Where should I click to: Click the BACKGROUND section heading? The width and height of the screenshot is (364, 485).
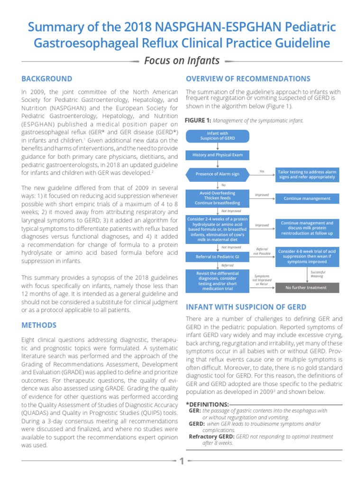coord(47,79)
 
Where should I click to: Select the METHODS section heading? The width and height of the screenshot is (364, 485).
coord(39,325)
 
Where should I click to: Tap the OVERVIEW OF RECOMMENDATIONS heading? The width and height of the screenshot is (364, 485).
coord(248,79)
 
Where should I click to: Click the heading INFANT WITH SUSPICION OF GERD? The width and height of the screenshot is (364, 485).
coord(246,307)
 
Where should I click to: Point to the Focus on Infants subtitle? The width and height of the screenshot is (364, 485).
coord(182,61)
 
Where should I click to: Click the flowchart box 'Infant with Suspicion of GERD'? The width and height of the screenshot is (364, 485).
coord(218,136)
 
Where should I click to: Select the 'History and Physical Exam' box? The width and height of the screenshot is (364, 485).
coord(218,155)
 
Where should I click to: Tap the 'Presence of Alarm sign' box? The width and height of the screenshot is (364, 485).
coord(218,174)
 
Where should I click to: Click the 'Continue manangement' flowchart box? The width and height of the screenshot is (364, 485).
coord(307,198)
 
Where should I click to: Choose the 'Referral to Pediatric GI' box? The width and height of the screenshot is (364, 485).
coord(218,256)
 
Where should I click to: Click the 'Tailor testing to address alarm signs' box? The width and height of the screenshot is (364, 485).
coord(307,174)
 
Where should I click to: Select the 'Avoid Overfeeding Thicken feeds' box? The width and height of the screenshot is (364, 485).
coord(218,198)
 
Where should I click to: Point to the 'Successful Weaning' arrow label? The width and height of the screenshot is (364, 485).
coord(317,274)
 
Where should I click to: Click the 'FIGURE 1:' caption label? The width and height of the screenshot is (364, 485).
coord(198,121)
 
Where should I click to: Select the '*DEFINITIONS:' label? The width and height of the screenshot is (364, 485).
coord(207,404)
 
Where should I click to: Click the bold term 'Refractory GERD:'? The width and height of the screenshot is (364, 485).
coord(209,436)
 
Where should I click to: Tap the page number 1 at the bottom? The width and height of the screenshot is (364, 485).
coord(182,461)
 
